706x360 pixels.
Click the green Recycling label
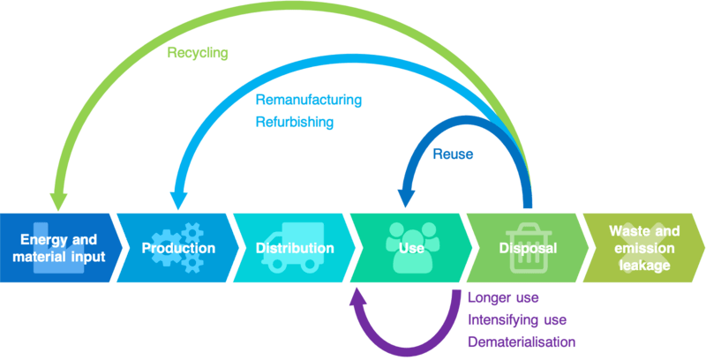[198, 53]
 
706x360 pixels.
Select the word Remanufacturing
[308, 101]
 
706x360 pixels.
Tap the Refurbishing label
[294, 123]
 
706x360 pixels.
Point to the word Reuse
[453, 154]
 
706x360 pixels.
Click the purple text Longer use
[503, 298]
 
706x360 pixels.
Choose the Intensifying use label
[516, 319]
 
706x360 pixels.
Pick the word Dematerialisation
[521, 341]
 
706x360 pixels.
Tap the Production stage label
[178, 249]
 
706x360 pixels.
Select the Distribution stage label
[295, 249]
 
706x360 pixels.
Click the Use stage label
[406, 249]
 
